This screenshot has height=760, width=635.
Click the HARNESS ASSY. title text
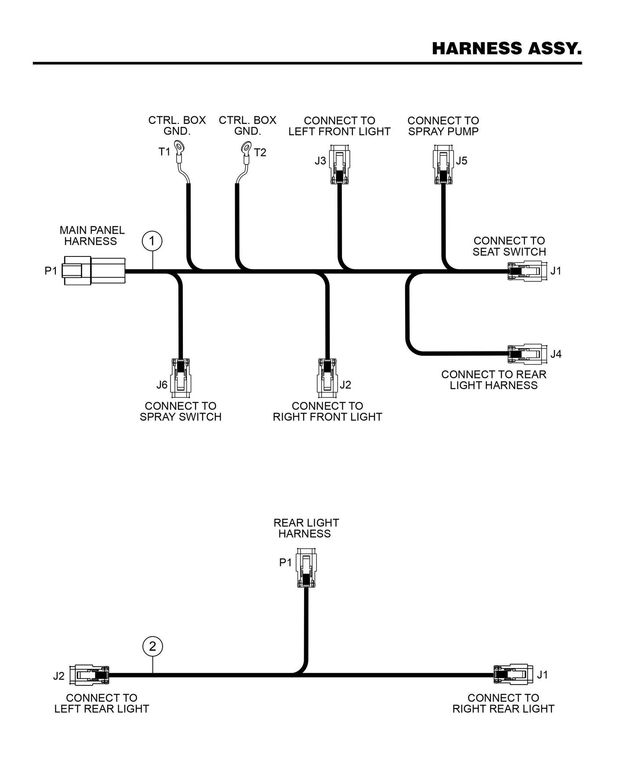click(507, 48)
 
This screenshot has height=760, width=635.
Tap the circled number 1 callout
click(152, 241)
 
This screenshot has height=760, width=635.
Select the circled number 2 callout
click(152, 646)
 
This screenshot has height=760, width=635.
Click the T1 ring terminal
click(179, 146)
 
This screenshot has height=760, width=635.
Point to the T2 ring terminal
click(246, 147)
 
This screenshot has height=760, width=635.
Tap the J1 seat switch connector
click(527, 271)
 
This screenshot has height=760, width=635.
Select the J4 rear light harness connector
click(527, 354)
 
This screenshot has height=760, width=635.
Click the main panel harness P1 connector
click(94, 270)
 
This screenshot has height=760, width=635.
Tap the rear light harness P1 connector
click(306, 568)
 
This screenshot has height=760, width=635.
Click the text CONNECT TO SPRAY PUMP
click(443, 126)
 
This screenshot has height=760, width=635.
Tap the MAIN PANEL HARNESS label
click(92, 236)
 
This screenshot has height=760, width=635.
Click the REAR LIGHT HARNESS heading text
click(306, 528)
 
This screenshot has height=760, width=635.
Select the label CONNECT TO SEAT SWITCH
click(509, 246)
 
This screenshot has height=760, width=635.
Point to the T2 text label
click(260, 152)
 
